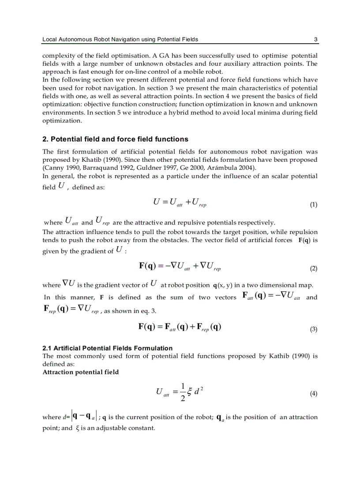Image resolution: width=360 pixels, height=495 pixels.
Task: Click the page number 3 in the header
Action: tap(315, 39)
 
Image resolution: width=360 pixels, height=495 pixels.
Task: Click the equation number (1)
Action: tap(313, 205)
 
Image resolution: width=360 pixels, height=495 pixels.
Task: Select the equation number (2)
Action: tap(313, 268)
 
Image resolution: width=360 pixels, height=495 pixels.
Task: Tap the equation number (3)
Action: tap(313, 329)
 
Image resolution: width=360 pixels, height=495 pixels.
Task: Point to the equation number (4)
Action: tap(313, 394)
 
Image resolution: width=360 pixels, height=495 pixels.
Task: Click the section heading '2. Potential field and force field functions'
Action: tap(115, 139)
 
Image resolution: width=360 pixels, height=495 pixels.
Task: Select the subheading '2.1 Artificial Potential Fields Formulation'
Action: tap(107, 348)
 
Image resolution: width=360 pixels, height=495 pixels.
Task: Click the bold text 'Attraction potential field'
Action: tap(80, 372)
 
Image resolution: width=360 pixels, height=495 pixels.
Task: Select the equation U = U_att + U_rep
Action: tap(180, 202)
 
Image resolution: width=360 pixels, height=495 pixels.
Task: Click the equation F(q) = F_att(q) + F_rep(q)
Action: tap(180, 327)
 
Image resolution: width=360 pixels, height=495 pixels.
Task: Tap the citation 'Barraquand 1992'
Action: tap(100, 167)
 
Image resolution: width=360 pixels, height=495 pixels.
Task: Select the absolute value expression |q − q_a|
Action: tap(81, 417)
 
